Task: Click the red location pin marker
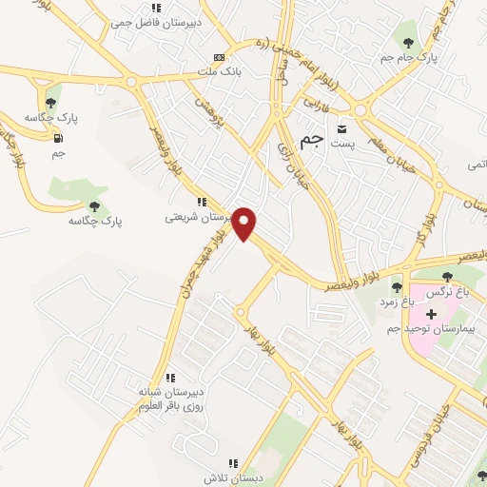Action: pos(244,224)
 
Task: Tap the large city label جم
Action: pos(311,140)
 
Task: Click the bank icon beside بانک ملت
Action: pos(220,57)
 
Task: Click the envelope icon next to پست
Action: pos(341,127)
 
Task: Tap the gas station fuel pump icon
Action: pos(59,138)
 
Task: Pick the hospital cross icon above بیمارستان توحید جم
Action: pos(431,313)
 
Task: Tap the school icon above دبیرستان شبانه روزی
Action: pos(169,378)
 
